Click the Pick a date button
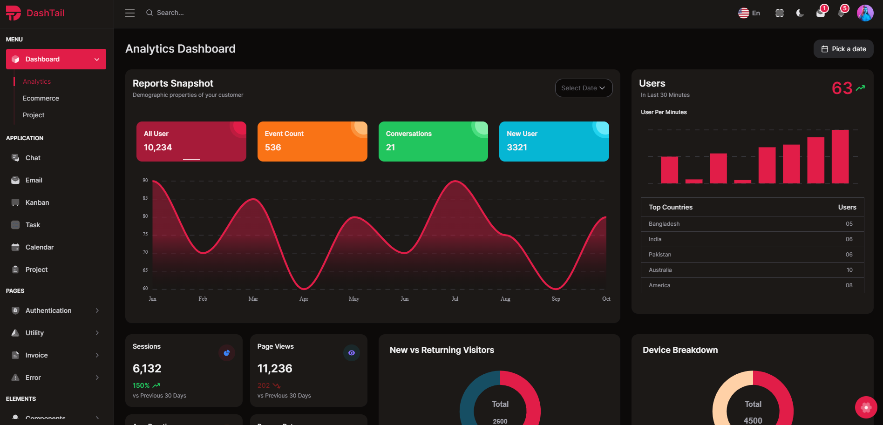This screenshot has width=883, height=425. (x=843, y=49)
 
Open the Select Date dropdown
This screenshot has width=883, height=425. (x=583, y=88)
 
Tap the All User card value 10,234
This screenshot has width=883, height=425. (x=158, y=148)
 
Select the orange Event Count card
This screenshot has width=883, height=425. (x=312, y=142)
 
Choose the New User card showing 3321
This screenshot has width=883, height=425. (x=554, y=142)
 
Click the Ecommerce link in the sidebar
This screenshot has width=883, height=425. (x=41, y=98)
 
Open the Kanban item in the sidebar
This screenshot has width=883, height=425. (x=37, y=202)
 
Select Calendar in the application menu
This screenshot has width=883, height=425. (x=40, y=247)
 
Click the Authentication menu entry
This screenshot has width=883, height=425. (x=48, y=310)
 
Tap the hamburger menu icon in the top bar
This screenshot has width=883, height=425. (x=130, y=13)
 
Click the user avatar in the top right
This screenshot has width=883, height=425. (x=865, y=13)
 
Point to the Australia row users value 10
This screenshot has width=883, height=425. (x=849, y=270)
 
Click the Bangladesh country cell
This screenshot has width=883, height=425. (x=664, y=224)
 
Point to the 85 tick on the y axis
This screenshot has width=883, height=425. (x=145, y=198)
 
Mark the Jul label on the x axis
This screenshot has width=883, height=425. (x=455, y=299)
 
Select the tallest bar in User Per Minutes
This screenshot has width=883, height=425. (x=840, y=156)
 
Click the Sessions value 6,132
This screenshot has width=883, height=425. (x=147, y=369)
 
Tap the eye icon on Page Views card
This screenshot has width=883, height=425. (x=352, y=353)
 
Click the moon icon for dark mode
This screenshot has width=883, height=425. (x=800, y=13)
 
